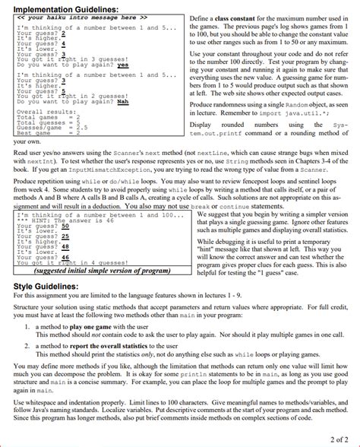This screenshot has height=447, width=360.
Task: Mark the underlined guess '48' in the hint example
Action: (66, 246)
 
